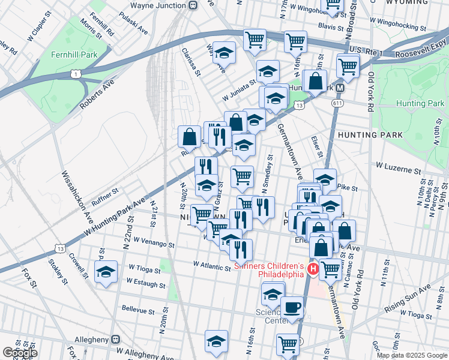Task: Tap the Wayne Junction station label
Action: coord(157,5)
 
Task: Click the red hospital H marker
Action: coord(313,270)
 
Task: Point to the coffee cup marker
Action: coord(292,307)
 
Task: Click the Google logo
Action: coord(20,353)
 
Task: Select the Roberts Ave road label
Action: coord(96,94)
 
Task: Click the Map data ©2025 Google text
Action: coord(411,355)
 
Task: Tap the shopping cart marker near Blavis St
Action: coord(295,41)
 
